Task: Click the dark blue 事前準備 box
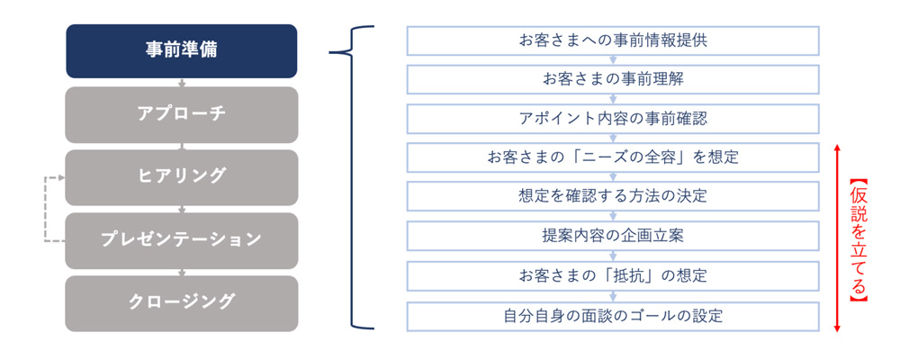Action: point(182,51)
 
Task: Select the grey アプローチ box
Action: point(182,114)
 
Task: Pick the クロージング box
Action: point(182,303)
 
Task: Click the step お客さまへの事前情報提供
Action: point(612,40)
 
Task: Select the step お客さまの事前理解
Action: point(612,79)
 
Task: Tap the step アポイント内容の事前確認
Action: point(612,118)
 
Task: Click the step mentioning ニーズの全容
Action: point(612,157)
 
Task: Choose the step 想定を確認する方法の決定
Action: point(612,196)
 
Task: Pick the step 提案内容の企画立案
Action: point(612,236)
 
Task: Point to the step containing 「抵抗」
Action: point(612,275)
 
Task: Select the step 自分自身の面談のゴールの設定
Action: point(612,316)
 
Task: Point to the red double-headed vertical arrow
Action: point(837,237)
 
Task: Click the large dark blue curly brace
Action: point(351,177)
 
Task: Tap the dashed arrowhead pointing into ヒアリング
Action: point(62,177)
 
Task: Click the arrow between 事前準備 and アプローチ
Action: point(182,83)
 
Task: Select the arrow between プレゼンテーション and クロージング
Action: point(182,272)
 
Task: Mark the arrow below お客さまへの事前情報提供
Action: point(612,59)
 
